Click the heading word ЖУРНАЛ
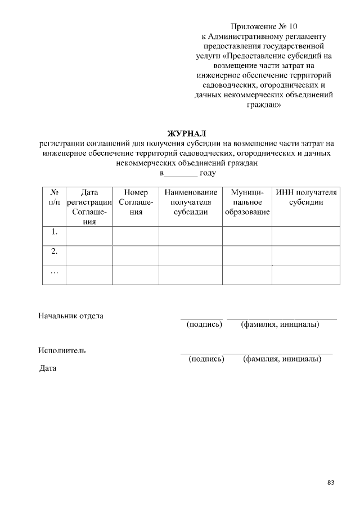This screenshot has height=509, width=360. pos(188,133)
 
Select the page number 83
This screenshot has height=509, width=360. pos(331,483)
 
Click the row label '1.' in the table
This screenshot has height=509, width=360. pos(55,232)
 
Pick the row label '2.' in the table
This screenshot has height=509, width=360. pos(55,251)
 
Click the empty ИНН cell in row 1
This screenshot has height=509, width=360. pos(307,236)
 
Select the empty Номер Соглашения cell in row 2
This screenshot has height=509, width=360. pos(136,255)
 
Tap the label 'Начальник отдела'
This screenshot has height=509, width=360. pos(71,316)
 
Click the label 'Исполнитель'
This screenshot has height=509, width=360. pos(62,350)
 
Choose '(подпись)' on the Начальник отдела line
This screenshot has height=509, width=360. pos(204,325)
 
